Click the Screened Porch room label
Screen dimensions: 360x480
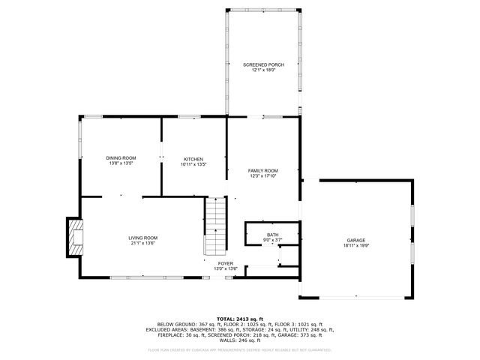[263, 65]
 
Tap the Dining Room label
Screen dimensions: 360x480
[121, 158]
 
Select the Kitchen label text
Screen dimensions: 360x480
[193, 159]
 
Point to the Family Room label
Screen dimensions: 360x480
[263, 171]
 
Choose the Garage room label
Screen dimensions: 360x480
[356, 240]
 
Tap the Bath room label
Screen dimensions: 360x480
[271, 235]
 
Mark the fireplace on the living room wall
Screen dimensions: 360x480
[75, 238]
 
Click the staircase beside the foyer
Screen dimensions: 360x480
[215, 225]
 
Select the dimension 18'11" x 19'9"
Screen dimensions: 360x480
[356, 245]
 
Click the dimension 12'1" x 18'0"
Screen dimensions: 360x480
[263, 70]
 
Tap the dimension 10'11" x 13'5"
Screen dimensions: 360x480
[193, 164]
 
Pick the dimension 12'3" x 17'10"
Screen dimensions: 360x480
[263, 176]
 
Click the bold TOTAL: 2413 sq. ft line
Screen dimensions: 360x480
[240, 319]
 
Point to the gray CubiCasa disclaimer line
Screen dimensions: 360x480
[240, 349]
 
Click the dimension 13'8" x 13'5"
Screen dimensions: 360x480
[121, 163]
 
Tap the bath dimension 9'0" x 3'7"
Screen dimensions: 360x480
[271, 241]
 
